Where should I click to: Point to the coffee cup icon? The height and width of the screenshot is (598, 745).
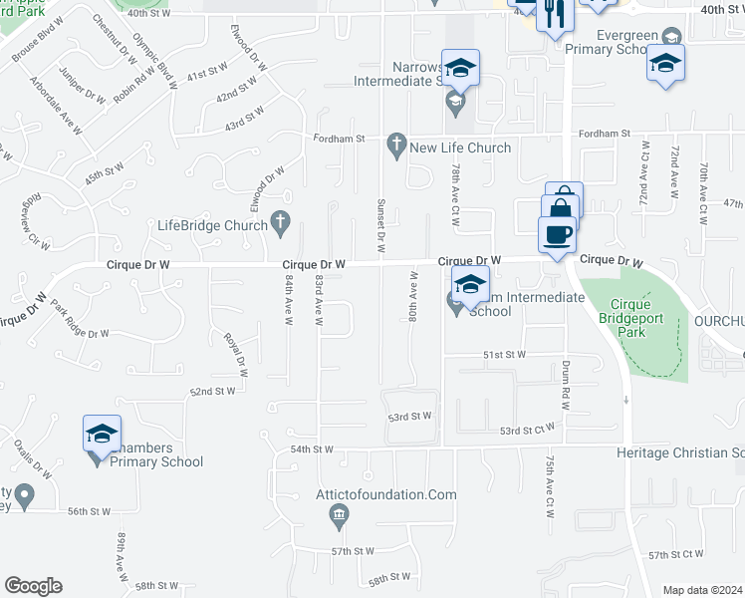click(557, 235)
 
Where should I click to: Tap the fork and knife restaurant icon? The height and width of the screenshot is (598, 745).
click(555, 14)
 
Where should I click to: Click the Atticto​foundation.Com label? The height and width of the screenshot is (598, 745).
click(393, 494)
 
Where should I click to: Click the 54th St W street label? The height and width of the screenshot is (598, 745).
click(311, 449)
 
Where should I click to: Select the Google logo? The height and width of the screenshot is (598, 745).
click(33, 586)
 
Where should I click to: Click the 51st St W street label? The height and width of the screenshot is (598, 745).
click(505, 354)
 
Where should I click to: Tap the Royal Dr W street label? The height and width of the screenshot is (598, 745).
click(236, 352)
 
